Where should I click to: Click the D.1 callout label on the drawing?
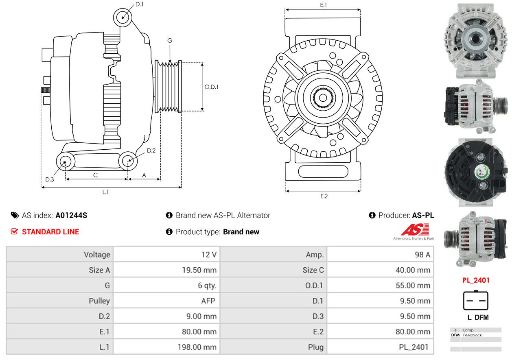click(139, 4)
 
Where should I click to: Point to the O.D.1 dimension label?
click(211, 87)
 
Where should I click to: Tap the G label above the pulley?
click(170, 40)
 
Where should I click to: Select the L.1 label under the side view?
click(105, 192)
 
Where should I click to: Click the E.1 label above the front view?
click(324, 5)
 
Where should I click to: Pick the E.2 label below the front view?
click(324, 196)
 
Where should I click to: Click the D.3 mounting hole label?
click(50, 179)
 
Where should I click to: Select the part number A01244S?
click(71, 216)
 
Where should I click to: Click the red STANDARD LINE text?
click(50, 232)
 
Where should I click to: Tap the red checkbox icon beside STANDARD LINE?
click(14, 231)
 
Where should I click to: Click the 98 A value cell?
click(381, 255)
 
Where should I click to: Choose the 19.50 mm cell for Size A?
click(166, 270)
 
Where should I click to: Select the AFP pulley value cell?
click(166, 301)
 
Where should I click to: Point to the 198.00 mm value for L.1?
click(197, 347)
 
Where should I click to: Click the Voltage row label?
click(97, 255)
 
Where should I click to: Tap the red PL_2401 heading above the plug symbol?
click(476, 280)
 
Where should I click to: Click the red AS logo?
click(415, 229)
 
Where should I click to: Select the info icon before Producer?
click(372, 215)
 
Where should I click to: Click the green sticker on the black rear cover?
click(481, 173)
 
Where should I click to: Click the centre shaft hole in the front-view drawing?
click(323, 98)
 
